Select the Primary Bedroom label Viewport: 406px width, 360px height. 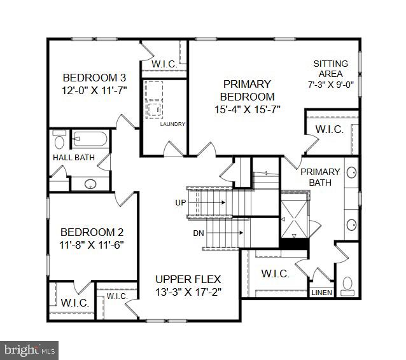pos(247,90)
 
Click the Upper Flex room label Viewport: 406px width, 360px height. pos(188,279)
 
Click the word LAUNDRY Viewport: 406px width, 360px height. pos(172,124)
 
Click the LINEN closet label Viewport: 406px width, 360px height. pos(320,293)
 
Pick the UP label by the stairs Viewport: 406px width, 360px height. pos(180,202)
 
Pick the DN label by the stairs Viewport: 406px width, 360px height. pos(181,233)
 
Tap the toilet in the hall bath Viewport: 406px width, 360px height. pos(60,139)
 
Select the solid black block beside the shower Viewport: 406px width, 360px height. pos(294,242)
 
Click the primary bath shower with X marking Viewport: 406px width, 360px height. pos(294,212)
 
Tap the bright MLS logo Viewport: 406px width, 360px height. pos(29,349)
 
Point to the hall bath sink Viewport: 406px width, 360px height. pos(90,184)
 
